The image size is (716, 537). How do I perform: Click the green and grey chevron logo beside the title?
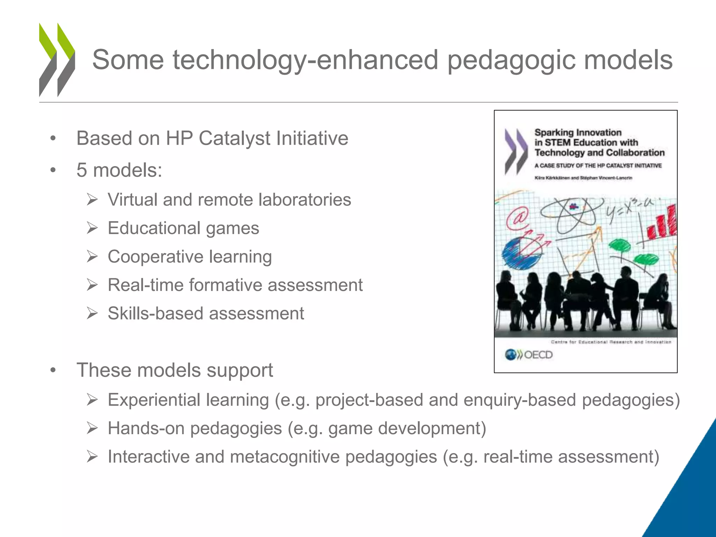click(57, 60)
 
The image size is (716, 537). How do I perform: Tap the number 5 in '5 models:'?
click(81, 170)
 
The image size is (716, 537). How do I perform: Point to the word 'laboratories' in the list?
click(305, 200)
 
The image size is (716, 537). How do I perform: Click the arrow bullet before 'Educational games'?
click(92, 228)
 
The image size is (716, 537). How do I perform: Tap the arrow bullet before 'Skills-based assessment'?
click(92, 314)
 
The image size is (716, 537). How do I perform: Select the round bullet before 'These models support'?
click(53, 370)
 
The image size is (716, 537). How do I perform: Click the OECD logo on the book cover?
click(529, 355)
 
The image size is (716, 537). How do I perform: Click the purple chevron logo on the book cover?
click(516, 152)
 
